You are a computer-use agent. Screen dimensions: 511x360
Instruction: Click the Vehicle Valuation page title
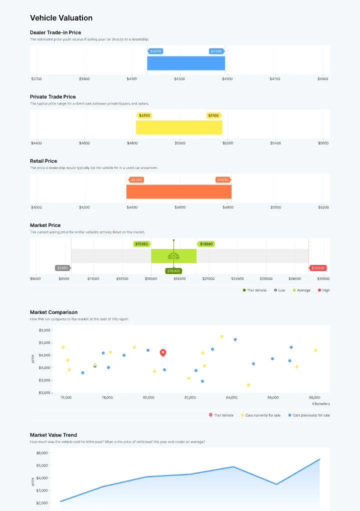click(x=61, y=18)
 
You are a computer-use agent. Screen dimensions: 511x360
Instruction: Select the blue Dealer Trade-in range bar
click(x=186, y=63)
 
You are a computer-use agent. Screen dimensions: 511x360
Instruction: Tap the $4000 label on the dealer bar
click(x=155, y=51)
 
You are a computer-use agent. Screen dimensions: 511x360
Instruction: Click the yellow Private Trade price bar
click(x=179, y=127)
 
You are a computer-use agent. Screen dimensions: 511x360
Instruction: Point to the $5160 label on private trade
click(x=213, y=115)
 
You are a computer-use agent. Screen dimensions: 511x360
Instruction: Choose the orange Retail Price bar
click(x=178, y=191)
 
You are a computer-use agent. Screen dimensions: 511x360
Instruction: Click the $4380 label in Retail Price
click(x=136, y=180)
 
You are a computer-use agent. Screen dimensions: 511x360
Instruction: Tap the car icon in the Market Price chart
click(x=173, y=256)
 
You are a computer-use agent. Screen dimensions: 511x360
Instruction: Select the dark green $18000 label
click(x=173, y=271)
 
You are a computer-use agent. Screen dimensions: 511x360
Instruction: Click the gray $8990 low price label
click(x=62, y=268)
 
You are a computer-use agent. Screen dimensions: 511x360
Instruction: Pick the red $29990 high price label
click(x=318, y=268)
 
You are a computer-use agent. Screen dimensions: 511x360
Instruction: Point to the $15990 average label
click(x=141, y=244)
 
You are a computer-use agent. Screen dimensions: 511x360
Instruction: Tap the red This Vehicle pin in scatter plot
click(x=163, y=353)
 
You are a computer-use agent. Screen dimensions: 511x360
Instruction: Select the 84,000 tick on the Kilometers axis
click(x=231, y=397)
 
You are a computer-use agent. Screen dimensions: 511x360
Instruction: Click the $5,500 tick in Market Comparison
click(x=44, y=330)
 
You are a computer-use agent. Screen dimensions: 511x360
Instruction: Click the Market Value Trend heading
click(x=53, y=435)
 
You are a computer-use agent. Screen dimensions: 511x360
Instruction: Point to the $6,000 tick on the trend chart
click(x=41, y=453)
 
